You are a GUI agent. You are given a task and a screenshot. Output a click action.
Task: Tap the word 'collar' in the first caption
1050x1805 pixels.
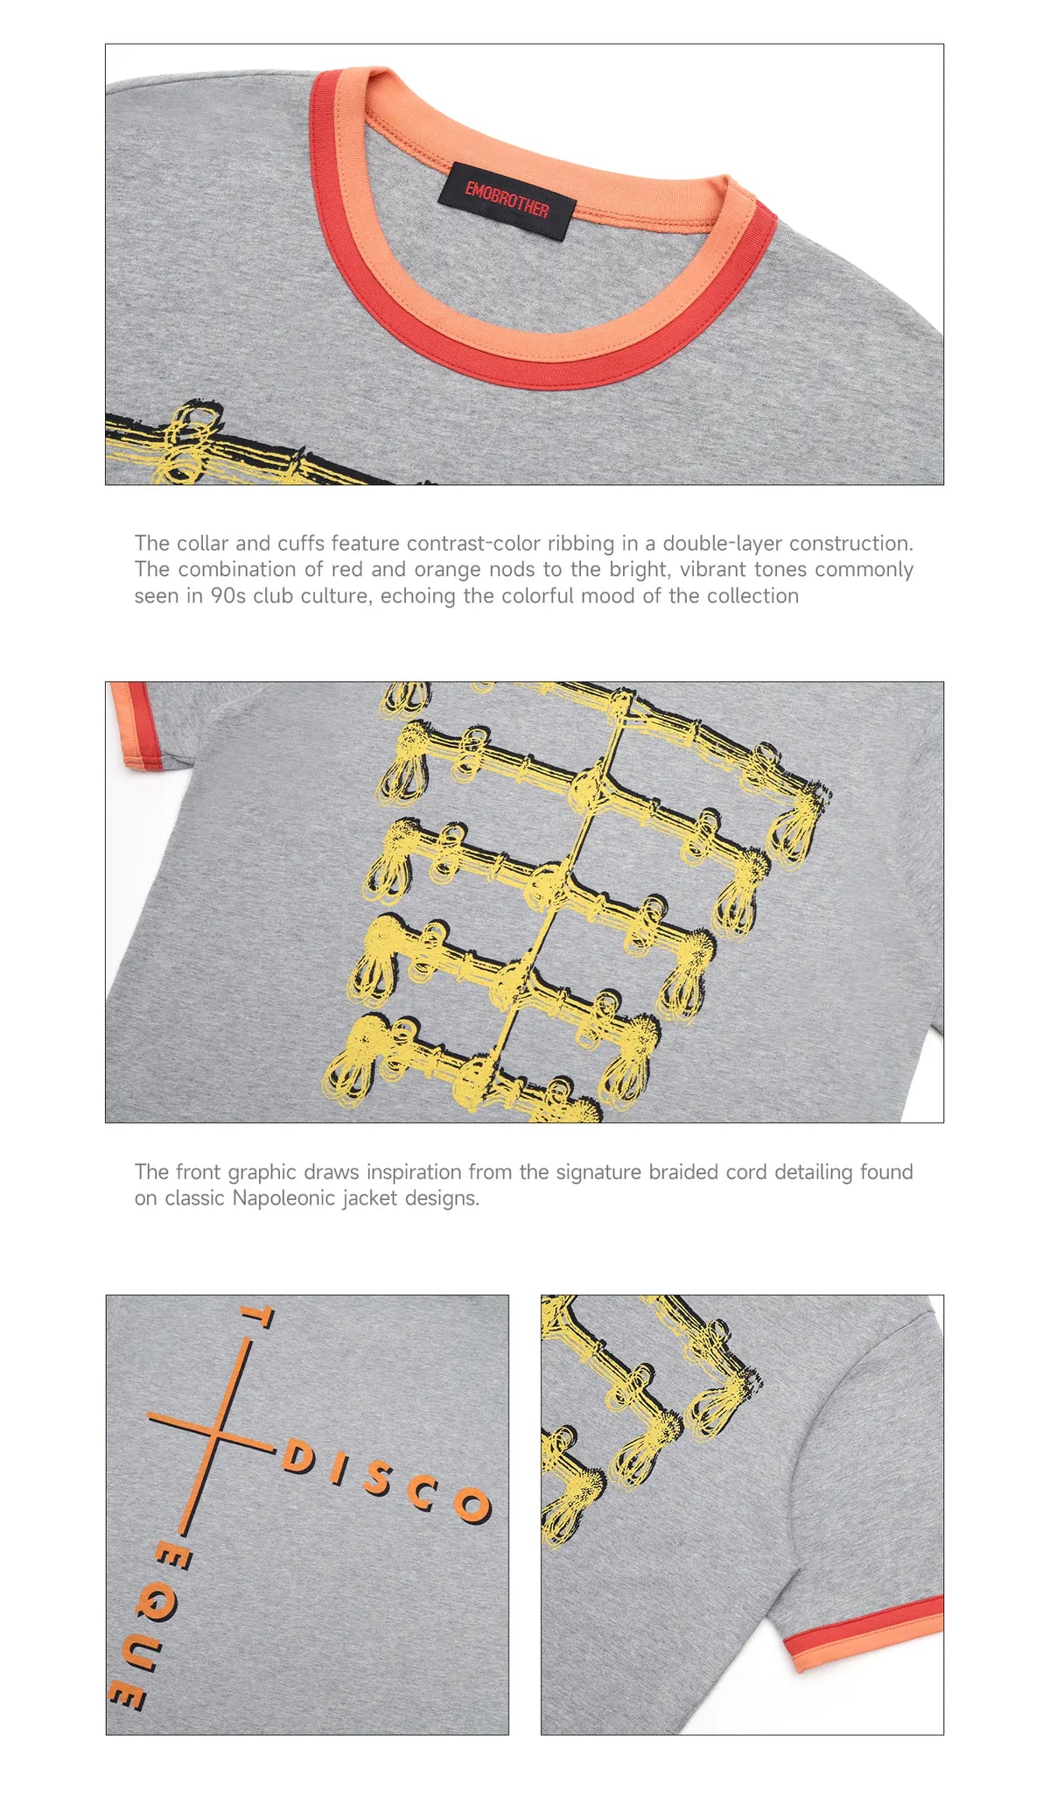pyautogui.click(x=202, y=543)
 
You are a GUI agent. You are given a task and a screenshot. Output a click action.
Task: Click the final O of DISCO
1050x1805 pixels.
pyautogui.click(x=472, y=1504)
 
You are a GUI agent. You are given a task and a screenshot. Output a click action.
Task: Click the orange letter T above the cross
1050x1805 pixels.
pyautogui.click(x=255, y=1317)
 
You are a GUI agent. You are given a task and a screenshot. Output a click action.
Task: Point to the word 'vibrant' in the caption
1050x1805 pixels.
pyautogui.click(x=713, y=569)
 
